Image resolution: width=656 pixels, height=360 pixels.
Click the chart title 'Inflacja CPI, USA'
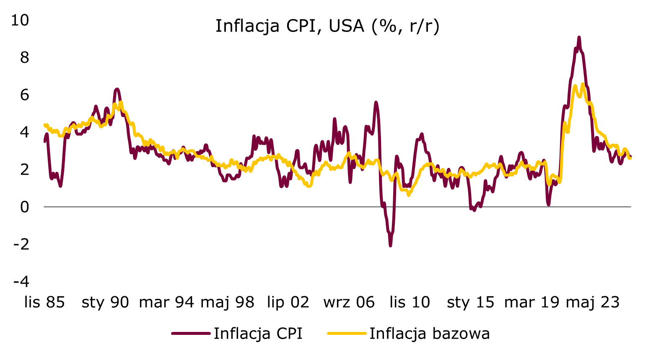[327, 26]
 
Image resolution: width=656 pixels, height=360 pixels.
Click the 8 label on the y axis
[24, 57]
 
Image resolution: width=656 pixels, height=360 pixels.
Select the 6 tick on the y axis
[24, 95]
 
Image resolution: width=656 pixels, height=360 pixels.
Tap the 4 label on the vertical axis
[24, 132]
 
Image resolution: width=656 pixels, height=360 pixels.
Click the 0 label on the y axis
[24, 207]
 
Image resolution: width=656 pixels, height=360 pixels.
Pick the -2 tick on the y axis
[21, 244]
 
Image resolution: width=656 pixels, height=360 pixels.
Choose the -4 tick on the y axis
[21, 281]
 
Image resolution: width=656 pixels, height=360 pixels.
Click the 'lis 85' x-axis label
[44, 302]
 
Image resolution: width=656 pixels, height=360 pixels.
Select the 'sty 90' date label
[105, 302]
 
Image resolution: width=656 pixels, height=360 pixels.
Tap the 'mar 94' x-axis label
[166, 302]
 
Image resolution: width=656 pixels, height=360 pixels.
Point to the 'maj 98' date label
[227, 302]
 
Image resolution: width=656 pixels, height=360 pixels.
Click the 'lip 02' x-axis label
[288, 302]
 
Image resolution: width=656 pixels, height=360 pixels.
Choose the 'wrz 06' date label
[349, 302]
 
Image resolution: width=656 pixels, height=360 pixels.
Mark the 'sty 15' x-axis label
[471, 302]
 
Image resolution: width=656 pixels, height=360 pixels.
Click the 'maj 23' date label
[592, 302]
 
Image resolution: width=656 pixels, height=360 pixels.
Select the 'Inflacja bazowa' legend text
[429, 334]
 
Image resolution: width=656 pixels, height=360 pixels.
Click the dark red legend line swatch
[191, 334]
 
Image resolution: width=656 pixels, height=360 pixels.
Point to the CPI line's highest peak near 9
[579, 38]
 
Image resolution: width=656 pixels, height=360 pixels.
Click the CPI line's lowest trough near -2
[390, 245]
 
